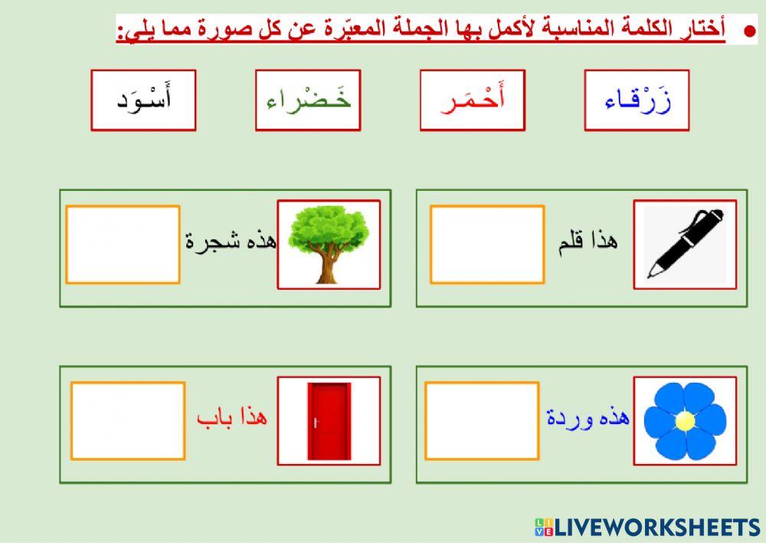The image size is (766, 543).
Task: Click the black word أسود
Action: (x=143, y=100)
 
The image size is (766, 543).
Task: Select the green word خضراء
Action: (x=308, y=100)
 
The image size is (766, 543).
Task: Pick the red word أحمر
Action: (x=473, y=100)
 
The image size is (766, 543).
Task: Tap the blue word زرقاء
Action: (x=637, y=100)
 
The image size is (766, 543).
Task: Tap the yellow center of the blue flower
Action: (x=686, y=420)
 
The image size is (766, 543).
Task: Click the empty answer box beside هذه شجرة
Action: (x=123, y=244)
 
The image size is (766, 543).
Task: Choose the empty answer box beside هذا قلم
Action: (x=487, y=244)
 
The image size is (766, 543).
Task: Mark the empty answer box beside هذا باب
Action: (x=128, y=421)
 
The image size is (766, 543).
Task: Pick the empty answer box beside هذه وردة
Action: (x=483, y=420)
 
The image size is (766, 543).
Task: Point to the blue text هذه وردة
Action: (x=588, y=418)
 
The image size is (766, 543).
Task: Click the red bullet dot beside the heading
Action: (x=749, y=31)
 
